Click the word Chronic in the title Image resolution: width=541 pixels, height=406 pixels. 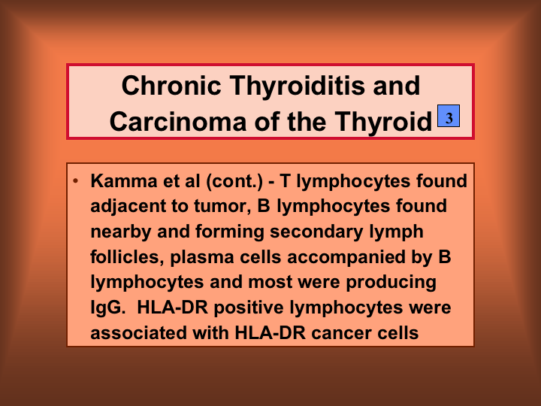[x=171, y=86]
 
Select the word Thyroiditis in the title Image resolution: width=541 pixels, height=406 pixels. [x=297, y=86]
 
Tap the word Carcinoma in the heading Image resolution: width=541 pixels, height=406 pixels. [x=178, y=122]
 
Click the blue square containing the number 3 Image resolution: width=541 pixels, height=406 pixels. [x=449, y=116]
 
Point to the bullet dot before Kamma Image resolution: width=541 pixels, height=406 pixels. [x=76, y=180]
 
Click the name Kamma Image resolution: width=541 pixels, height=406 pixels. [x=123, y=181]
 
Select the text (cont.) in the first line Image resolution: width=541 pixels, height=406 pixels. [x=234, y=181]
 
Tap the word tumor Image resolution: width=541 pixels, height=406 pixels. [x=222, y=206]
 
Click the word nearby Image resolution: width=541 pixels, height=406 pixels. [x=121, y=232]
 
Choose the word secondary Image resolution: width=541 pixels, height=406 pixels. [x=316, y=232]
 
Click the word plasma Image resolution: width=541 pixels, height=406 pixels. [x=202, y=258]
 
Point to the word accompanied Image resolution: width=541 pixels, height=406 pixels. [x=346, y=258]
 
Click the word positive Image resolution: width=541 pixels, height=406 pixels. [x=249, y=308]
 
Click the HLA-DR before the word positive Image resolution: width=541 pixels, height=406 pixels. [x=172, y=308]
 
